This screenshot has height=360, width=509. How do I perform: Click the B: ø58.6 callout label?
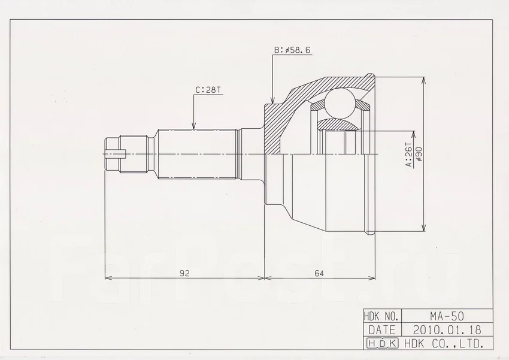[x=292, y=50]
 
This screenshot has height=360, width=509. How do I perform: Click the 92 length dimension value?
[x=184, y=273]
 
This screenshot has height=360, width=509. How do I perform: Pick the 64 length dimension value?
[x=319, y=273]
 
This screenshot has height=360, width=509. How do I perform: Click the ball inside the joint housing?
[x=339, y=102]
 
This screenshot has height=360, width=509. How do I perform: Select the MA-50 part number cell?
[x=447, y=316]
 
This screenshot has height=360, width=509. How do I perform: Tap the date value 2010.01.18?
[x=447, y=330]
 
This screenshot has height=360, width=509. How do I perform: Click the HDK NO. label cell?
[x=383, y=316]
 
